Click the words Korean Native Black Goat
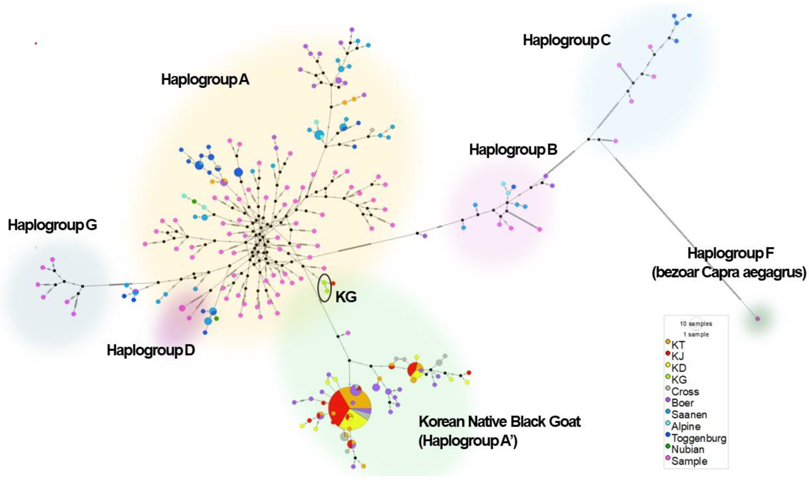pyautogui.click(x=499, y=422)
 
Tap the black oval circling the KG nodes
pyautogui.click(x=324, y=288)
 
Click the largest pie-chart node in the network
pyautogui.click(x=350, y=408)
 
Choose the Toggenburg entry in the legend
pyautogui.click(x=698, y=438)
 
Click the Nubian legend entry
pyautogui.click(x=688, y=450)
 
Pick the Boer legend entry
pyautogui.click(x=682, y=403)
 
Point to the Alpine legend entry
pyautogui.click(x=686, y=427)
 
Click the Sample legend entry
pyautogui.click(x=689, y=461)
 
